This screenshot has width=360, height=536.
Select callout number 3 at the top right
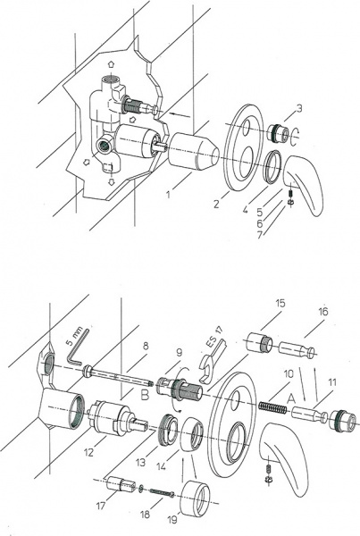click(298, 108)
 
